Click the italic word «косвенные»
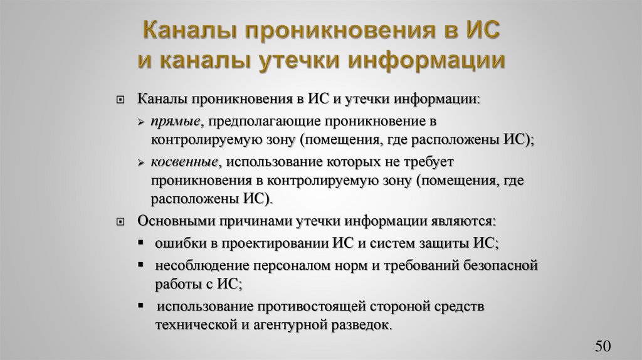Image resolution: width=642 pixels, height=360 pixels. click(x=184, y=162)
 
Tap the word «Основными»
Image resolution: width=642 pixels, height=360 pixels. click(x=173, y=221)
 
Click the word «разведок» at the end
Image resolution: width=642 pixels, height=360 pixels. click(x=363, y=326)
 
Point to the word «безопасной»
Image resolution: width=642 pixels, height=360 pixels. click(x=502, y=265)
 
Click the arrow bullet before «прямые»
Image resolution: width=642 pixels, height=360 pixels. click(x=142, y=120)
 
